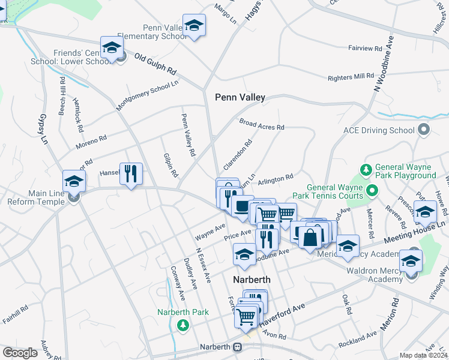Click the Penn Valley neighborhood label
(240, 97)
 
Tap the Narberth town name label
(252, 280)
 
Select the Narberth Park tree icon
(183, 325)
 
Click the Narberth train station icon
(238, 347)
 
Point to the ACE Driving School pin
(424, 130)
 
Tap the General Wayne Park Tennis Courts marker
(372, 191)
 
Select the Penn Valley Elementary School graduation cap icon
(194, 25)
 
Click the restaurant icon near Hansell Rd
(131, 174)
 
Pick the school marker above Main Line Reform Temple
(74, 181)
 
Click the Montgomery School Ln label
(147, 95)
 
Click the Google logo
(20, 353)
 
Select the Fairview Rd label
(365, 47)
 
